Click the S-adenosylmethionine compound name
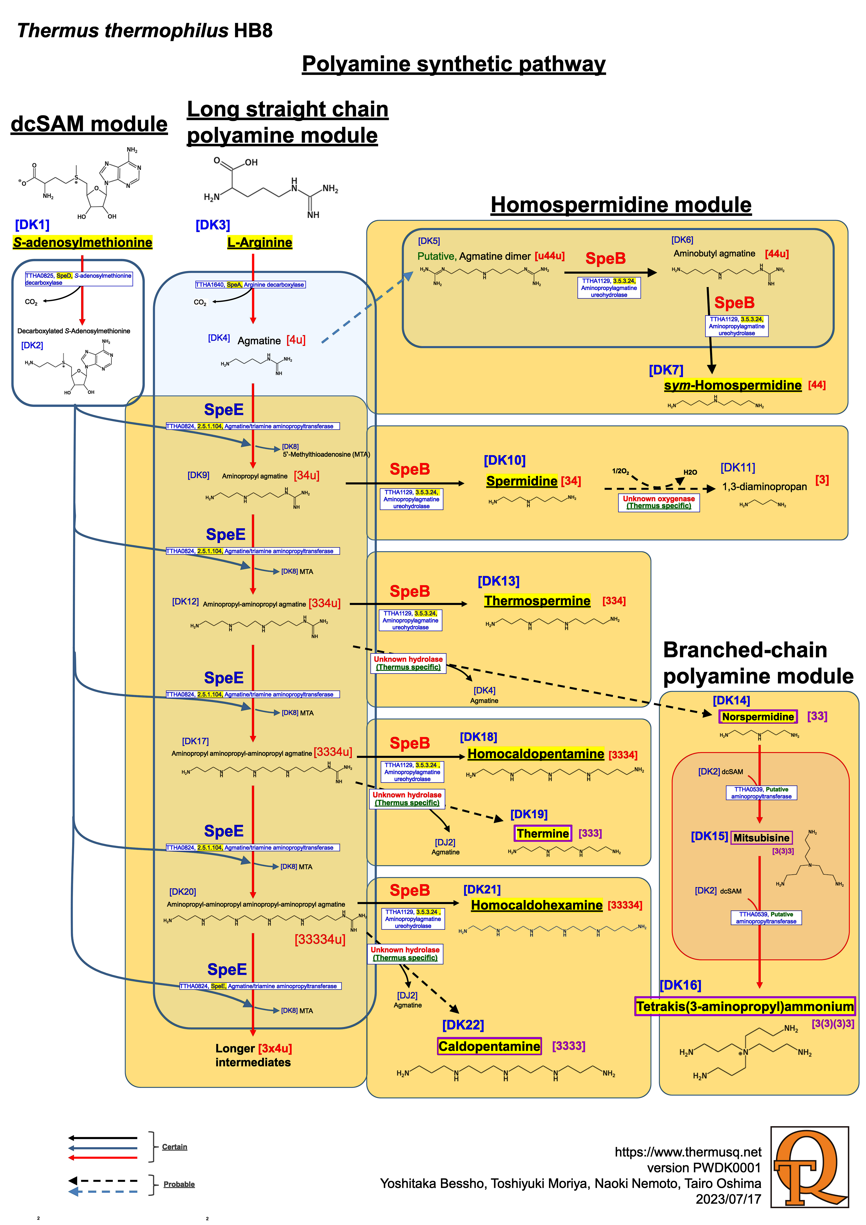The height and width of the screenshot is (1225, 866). [x=83, y=243]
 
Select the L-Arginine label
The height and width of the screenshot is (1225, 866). [x=260, y=243]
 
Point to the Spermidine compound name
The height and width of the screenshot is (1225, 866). [x=521, y=481]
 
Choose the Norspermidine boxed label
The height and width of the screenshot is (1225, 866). [x=758, y=716]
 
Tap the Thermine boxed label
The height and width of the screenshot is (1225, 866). [x=542, y=833]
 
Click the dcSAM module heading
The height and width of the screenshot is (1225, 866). [x=89, y=124]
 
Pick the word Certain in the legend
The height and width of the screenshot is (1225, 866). [x=174, y=1146]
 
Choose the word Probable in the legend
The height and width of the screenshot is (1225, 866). [x=179, y=1184]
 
